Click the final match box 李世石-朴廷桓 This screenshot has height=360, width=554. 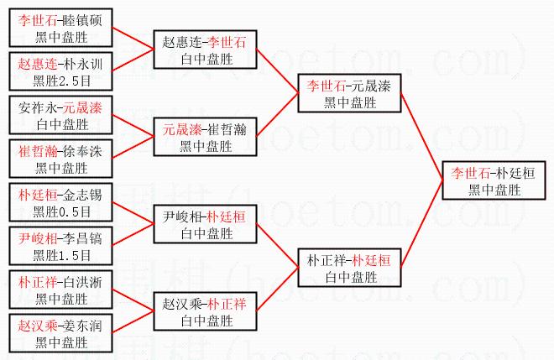tap(494, 180)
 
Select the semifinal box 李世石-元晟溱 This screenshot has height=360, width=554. tap(349, 93)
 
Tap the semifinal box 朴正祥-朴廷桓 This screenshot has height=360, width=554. tap(349, 268)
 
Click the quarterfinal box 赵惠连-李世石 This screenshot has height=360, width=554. tap(205, 50)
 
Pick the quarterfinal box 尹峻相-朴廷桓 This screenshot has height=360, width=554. tap(205, 224)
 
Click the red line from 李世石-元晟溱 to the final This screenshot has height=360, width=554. tap(422, 137)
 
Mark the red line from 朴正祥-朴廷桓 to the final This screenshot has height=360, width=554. tap(422, 223)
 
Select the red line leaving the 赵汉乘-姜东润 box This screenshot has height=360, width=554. tap(133, 322)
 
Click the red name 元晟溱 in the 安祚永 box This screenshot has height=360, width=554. tap(82, 107)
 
